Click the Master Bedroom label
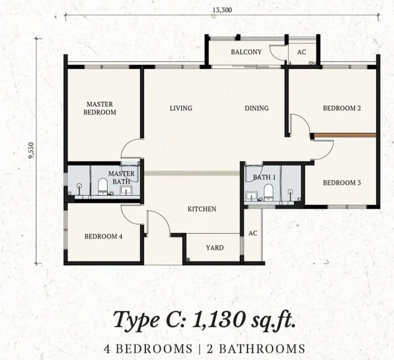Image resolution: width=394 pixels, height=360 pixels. coord(100,108)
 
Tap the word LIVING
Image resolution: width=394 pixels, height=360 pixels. coord(181,108)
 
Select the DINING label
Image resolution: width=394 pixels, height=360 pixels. coord(257,108)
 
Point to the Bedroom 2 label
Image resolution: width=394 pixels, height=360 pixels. coord(342,108)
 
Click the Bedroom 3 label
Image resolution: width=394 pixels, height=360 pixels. coord(342,182)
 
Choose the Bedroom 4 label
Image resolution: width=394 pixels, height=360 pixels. coord(103,236)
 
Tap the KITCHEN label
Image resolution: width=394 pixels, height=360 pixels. coord(202,209)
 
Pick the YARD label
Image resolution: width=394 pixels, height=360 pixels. coord(214,248)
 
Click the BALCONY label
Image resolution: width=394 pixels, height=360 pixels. coord(246,52)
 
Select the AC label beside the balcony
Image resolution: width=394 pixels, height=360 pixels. coord(302,52)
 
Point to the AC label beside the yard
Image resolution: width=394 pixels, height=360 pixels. coord(253,233)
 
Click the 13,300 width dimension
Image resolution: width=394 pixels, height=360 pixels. coord(222,10)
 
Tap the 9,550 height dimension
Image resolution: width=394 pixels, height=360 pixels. coord(31,150)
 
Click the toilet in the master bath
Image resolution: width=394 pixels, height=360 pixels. coord(103,186)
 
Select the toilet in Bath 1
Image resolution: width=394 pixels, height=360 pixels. coord(268,193)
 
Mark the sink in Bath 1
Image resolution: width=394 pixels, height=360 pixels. coord(251,196)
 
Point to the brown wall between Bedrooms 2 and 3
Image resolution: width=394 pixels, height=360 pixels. coord(345,135)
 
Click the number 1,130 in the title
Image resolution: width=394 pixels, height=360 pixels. coord(218,320)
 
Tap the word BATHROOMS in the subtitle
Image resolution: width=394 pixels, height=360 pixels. coord(262,349)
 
